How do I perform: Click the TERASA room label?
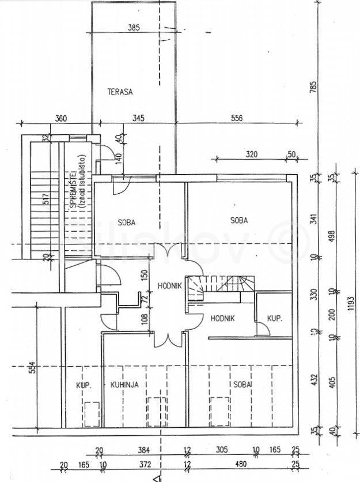[x=120, y=91]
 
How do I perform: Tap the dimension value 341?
[x=314, y=220]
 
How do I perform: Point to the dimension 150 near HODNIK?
[x=145, y=276]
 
